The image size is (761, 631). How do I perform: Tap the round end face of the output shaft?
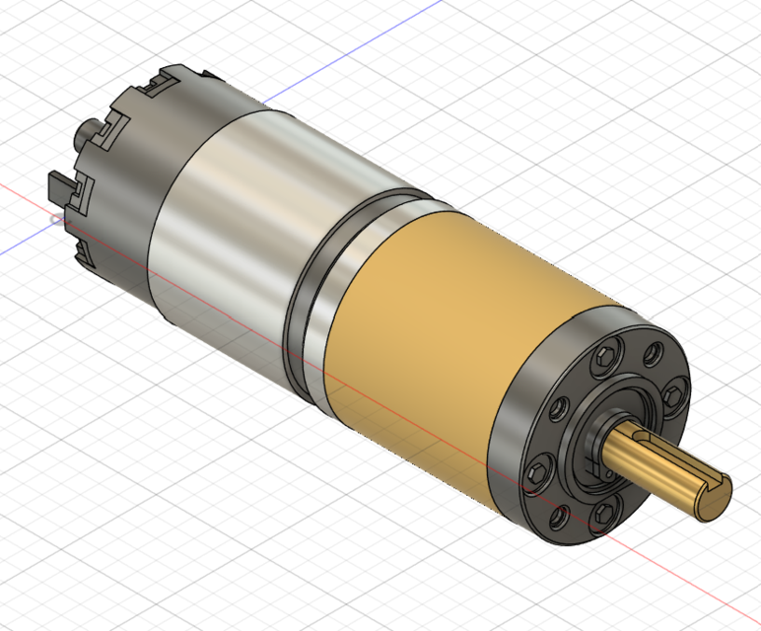coord(716,499)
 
